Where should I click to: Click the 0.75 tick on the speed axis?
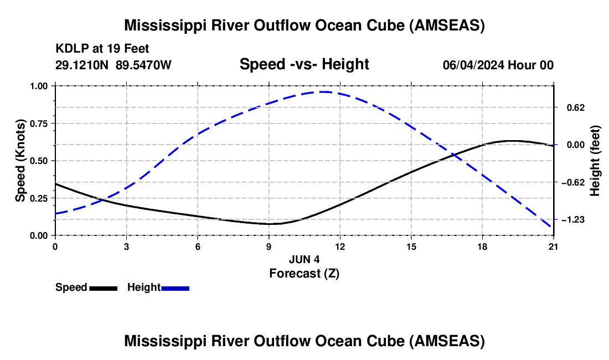40,123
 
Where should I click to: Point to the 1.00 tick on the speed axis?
40,86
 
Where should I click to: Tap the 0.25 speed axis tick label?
40,198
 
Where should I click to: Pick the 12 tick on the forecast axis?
340,246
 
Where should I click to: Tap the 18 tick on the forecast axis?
483,246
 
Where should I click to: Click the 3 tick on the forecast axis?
126,246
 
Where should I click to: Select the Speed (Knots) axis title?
20,161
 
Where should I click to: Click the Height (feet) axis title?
595,161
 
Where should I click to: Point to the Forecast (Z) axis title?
304,273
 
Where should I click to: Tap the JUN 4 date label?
304,259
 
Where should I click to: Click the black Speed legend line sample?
104,287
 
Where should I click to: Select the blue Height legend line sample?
176,287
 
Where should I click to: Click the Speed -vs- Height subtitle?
304,64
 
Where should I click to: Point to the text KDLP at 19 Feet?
95,49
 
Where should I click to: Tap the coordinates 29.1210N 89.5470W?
113,65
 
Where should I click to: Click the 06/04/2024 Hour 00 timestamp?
498,65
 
